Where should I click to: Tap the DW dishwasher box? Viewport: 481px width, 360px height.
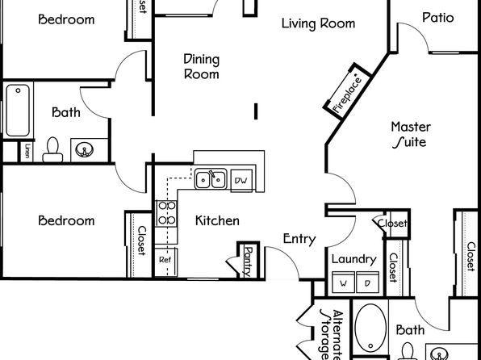pyautogui.click(x=241, y=181)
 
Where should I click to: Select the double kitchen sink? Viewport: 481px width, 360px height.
pyautogui.click(x=211, y=179)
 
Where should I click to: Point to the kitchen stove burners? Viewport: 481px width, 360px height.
pyautogui.click(x=166, y=213)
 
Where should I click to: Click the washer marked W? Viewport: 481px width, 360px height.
pyautogui.click(x=343, y=282)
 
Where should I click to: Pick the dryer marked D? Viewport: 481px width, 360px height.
pyautogui.click(x=367, y=282)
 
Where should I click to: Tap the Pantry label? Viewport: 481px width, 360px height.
pyautogui.click(x=248, y=261)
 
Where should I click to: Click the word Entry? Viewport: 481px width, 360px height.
pyautogui.click(x=299, y=239)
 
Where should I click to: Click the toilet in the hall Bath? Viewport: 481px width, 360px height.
pyautogui.click(x=52, y=150)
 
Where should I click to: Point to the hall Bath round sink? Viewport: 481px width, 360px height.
pyautogui.click(x=83, y=149)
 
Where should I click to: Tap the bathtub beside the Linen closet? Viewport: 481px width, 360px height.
pyautogui.click(x=18, y=111)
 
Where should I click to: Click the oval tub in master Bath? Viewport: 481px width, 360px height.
pyautogui.click(x=370, y=328)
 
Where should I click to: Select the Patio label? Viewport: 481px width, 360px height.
pyautogui.click(x=437, y=18)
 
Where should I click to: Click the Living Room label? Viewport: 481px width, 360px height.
pyautogui.click(x=319, y=23)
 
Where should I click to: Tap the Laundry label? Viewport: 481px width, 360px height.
pyautogui.click(x=353, y=259)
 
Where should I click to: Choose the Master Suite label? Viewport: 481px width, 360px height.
pyautogui.click(x=411, y=135)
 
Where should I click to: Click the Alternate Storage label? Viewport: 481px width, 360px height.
pyautogui.click(x=332, y=334)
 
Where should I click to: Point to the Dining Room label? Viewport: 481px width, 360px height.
pyautogui.click(x=202, y=67)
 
